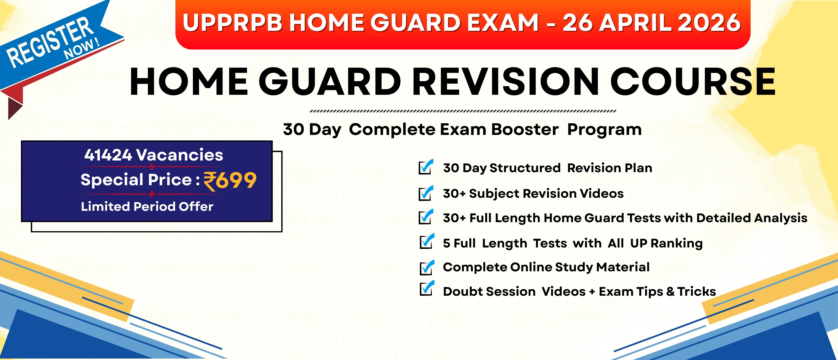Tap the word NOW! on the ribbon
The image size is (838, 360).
pos(82,49)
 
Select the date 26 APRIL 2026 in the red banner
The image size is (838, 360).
pos(651,23)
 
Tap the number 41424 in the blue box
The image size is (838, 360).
pos(108,155)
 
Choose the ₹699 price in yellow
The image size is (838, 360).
pos(230,181)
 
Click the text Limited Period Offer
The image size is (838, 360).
pos(147,206)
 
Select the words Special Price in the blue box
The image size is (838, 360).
pos(136,180)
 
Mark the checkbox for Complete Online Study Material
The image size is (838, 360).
pos(427,267)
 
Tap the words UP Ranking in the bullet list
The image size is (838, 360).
pos(666,243)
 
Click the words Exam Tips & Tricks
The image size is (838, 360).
pos(658,292)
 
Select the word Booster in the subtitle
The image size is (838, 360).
pos(525,129)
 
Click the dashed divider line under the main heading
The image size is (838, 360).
pos(463,111)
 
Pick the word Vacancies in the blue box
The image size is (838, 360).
pos(180,155)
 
